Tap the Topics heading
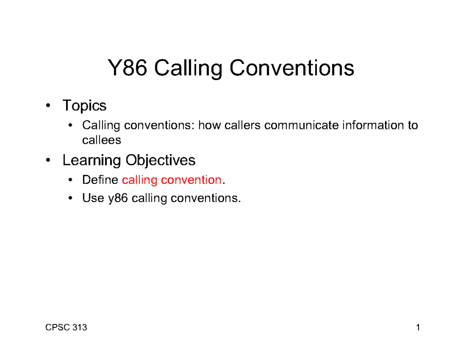[x=84, y=105]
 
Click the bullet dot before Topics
[x=47, y=106]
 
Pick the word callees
[x=101, y=140]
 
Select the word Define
[x=100, y=180]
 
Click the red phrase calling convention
[x=171, y=180]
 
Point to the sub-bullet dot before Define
[x=70, y=181]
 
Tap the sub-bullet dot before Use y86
[x=70, y=199]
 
